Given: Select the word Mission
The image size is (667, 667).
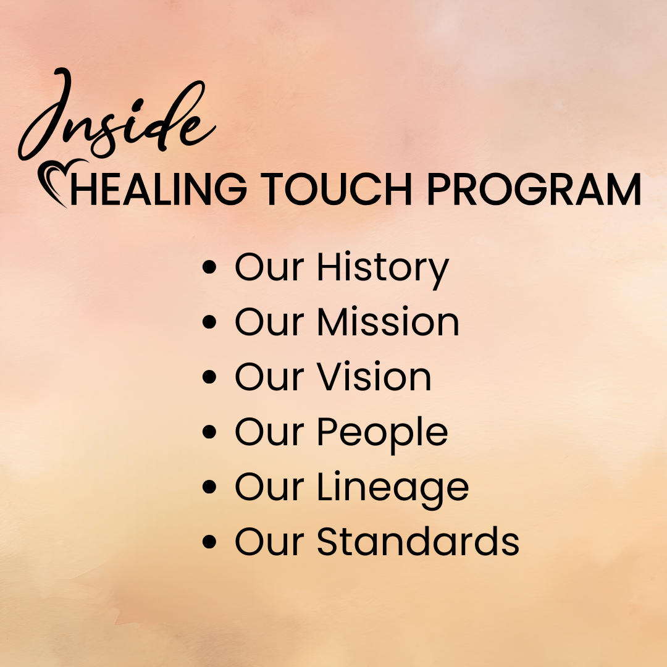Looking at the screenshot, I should click(x=388, y=322).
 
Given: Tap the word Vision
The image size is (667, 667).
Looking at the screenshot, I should click(x=374, y=377).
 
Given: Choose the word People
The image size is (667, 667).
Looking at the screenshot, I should click(x=382, y=432).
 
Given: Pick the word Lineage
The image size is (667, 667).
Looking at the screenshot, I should click(x=393, y=488).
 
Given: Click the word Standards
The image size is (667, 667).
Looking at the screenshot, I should click(x=418, y=542).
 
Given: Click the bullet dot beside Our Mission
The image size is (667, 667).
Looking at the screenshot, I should click(x=209, y=323).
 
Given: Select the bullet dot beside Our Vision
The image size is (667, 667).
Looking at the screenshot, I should click(x=209, y=377).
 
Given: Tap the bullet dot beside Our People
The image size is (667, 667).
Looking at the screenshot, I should click(x=209, y=432).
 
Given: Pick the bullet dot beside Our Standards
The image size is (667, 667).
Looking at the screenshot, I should click(x=209, y=542).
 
